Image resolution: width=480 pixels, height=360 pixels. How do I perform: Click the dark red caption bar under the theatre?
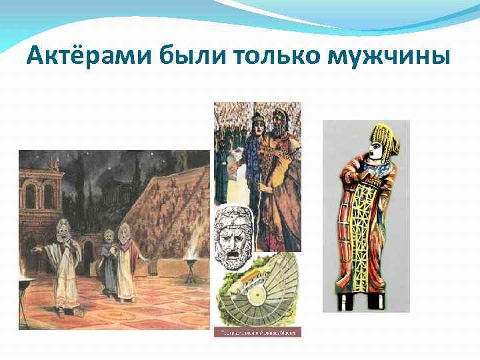click(257, 331)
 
